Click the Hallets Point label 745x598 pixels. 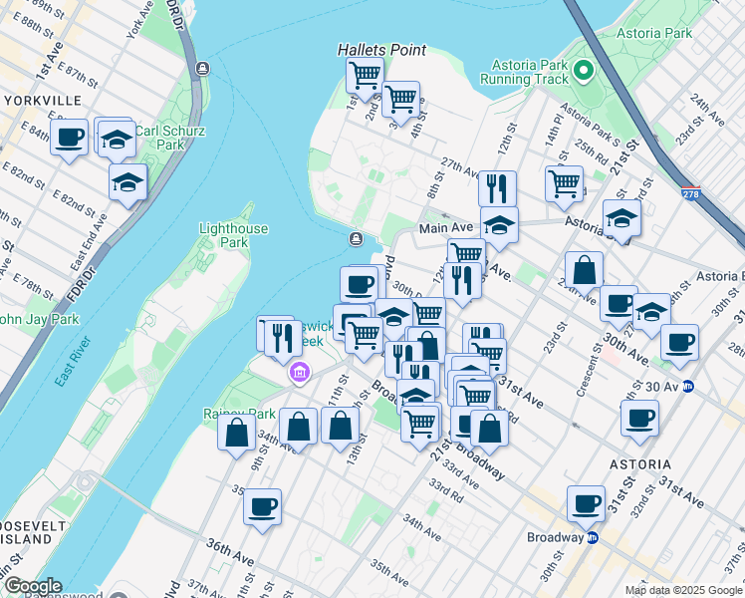(381, 50)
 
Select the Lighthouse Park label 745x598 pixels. (233, 235)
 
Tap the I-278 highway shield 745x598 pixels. (690, 195)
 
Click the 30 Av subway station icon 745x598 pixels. (687, 387)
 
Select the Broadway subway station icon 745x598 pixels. (592, 537)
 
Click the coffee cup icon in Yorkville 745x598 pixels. (70, 137)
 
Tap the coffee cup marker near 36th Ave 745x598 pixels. (263, 505)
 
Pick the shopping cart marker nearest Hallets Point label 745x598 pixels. (366, 73)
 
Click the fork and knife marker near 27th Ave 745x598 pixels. (496, 187)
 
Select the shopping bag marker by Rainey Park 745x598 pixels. (237, 433)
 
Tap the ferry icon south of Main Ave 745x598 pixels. (357, 239)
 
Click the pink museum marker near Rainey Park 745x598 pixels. (297, 374)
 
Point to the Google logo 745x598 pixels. (32, 587)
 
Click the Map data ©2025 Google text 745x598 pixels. (682, 590)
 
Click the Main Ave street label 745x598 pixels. (445, 227)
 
